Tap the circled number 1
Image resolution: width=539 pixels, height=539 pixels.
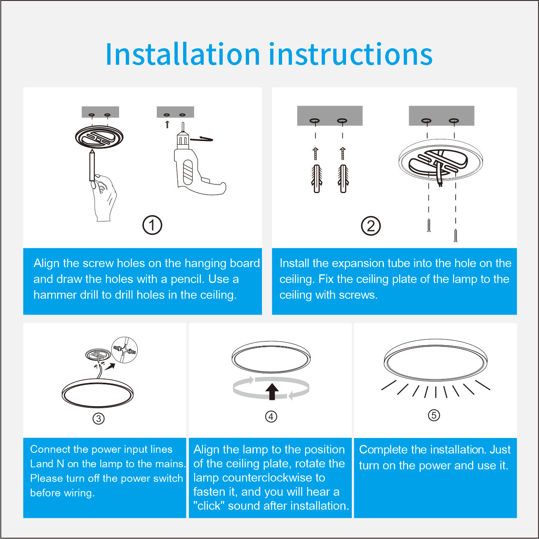point(152,225)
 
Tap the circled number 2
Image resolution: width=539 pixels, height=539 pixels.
point(371,226)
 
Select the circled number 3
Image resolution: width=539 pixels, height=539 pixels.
point(99,419)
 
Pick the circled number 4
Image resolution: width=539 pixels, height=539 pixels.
point(271,417)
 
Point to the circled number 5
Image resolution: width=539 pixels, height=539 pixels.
point(434,415)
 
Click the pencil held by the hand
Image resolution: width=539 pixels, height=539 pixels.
point(92,165)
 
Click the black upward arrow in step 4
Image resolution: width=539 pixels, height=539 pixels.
point(272,391)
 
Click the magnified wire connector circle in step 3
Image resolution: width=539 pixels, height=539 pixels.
point(125,350)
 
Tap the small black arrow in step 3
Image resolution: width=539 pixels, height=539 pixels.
point(110,367)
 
